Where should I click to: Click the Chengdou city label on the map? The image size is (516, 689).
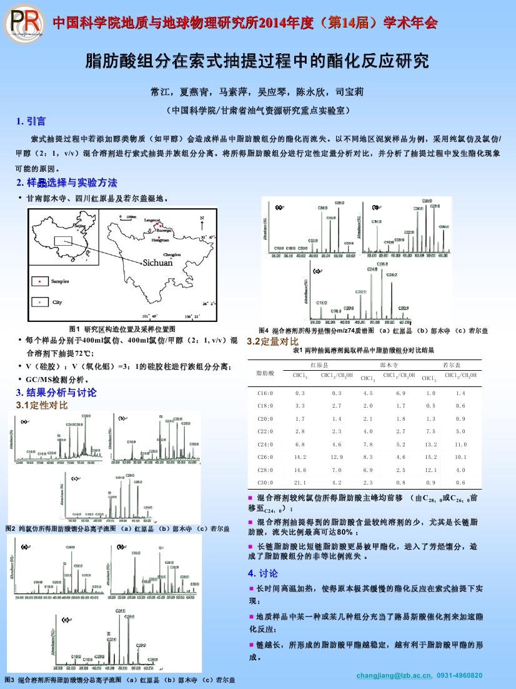click(172, 254)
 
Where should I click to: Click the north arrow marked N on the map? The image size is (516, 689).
click(202, 221)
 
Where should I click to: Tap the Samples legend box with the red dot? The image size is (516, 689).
click(39, 282)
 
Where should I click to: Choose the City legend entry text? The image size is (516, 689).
click(57, 302)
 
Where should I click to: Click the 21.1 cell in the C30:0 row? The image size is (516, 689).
click(300, 483)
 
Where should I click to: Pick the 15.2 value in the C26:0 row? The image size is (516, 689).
click(430, 457)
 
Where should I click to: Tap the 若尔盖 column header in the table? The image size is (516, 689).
click(451, 364)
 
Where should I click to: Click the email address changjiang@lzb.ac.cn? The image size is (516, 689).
click(394, 675)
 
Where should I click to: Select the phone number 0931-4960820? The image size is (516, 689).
click(459, 675)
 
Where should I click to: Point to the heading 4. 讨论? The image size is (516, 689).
click(263, 573)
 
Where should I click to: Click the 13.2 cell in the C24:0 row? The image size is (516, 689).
click(430, 444)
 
